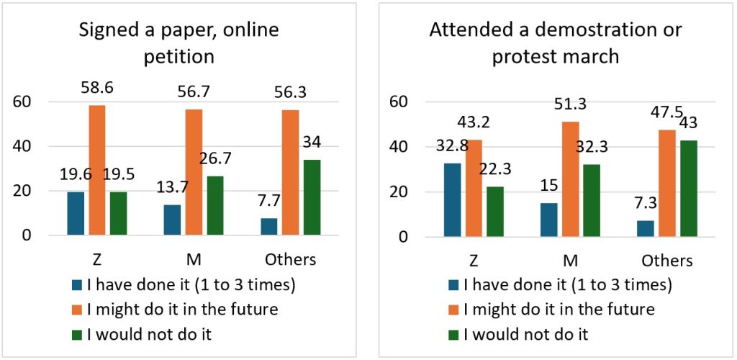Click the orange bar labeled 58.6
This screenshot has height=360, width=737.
coord(97,170)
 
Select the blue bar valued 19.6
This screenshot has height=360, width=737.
coord(76,213)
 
